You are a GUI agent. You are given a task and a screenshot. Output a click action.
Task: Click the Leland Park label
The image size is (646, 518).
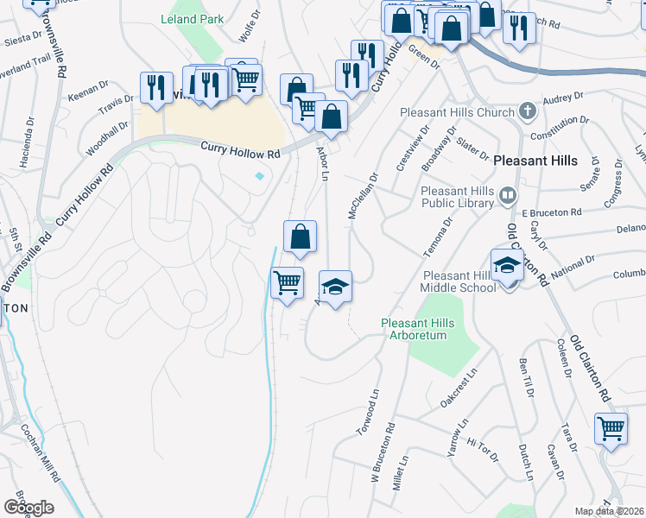(x=192, y=19)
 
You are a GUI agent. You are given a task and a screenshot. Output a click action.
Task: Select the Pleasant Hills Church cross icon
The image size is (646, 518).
(x=527, y=112)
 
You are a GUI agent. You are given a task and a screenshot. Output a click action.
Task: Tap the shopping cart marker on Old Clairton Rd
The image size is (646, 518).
(x=611, y=428)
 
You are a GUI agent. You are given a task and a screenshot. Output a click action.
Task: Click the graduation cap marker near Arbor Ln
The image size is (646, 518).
(x=336, y=286)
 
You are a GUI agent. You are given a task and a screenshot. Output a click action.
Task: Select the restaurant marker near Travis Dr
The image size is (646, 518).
(x=156, y=87)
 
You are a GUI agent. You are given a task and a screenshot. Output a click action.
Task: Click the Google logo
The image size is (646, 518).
(x=28, y=507)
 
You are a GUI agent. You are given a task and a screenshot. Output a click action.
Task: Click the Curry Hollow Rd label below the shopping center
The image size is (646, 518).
(x=241, y=150)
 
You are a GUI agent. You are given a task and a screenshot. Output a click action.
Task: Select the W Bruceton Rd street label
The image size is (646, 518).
(x=383, y=452)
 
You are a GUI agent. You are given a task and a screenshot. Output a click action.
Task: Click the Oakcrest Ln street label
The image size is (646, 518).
(x=459, y=389)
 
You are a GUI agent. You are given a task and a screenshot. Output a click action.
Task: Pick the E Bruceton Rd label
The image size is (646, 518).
(x=551, y=211)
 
